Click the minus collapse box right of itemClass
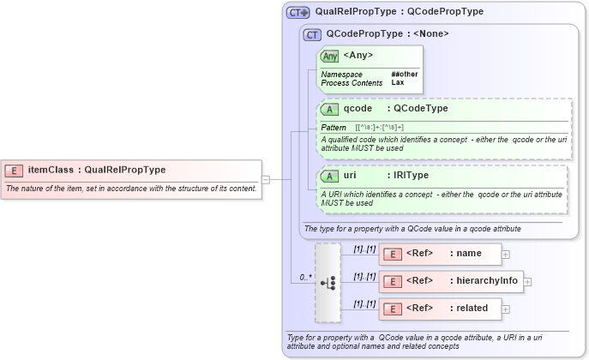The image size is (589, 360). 266,179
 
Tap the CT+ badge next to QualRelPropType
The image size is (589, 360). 298,12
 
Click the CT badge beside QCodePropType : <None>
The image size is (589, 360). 313,34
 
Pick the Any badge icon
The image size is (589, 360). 330,56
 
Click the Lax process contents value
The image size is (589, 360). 398,82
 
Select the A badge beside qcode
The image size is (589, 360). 330,109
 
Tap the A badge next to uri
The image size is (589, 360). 330,176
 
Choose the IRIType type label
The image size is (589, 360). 412,176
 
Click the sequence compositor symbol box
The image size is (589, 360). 328,282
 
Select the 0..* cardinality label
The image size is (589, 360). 305,277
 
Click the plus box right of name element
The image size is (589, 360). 506,254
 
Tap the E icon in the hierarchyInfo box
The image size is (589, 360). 392,281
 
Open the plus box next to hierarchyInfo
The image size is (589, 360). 527,281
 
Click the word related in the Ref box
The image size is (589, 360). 472,308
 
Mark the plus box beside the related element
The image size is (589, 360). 506,309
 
